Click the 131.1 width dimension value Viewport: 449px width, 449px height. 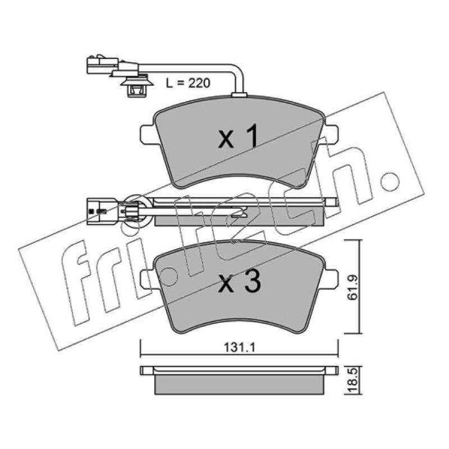239,348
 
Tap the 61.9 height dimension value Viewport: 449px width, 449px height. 352,287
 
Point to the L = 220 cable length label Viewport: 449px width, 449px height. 188,83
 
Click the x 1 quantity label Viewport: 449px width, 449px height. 239,136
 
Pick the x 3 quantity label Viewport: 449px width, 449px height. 240,282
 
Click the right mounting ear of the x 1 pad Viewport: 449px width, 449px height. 331,134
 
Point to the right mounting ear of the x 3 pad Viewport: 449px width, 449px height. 331,279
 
